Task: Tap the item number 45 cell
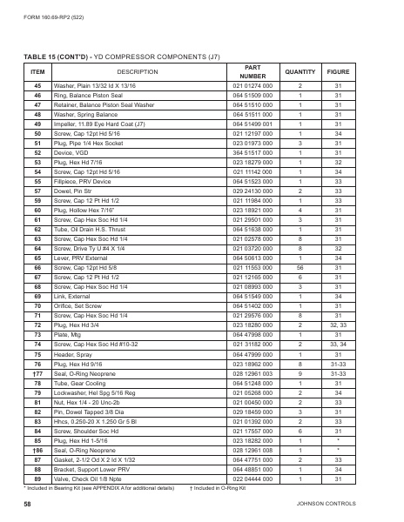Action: pyautogui.click(x=37, y=86)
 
